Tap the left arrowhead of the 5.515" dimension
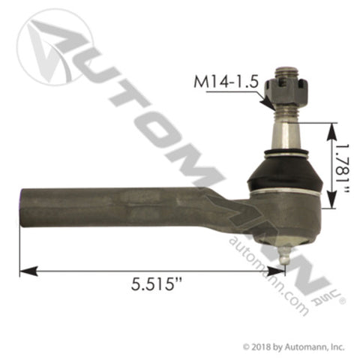tap(25, 270)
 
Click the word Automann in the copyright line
tap(308, 347)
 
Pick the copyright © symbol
tap(247, 347)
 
